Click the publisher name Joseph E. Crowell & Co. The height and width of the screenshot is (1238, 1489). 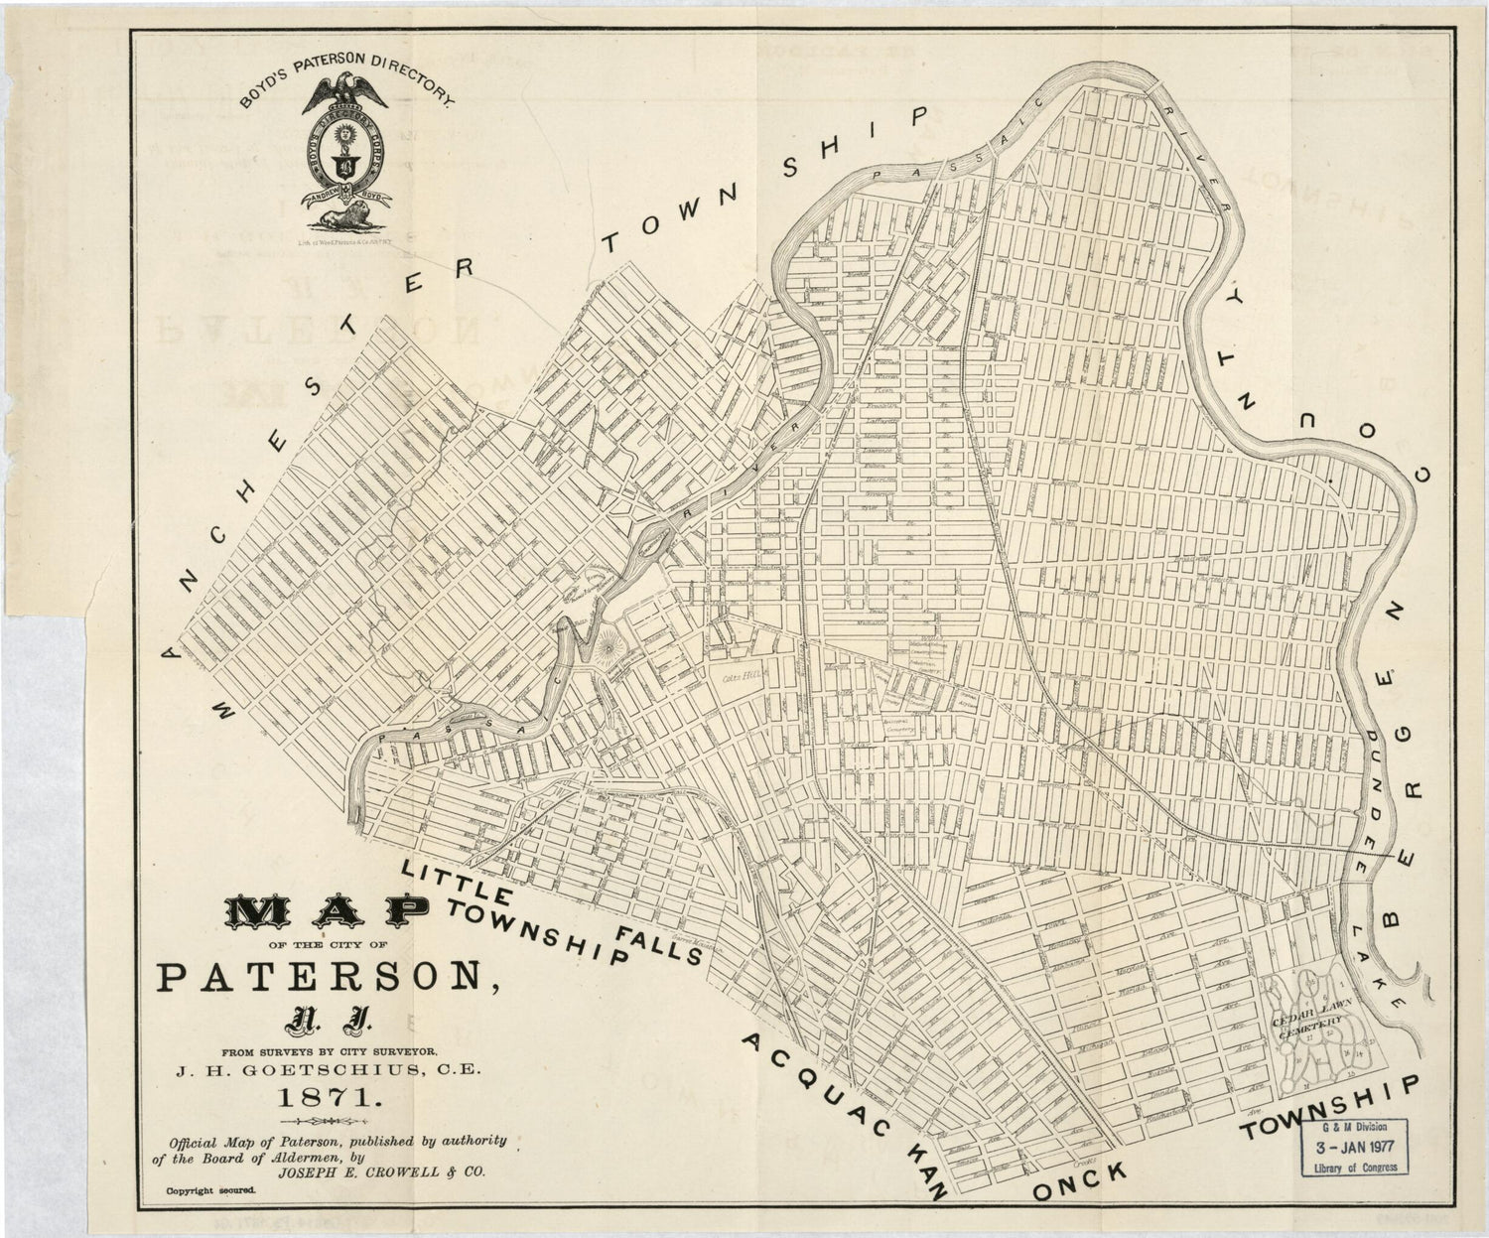tap(381, 1172)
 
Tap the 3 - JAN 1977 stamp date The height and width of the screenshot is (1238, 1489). tap(1355, 1146)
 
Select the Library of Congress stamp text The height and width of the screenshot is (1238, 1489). tap(1355, 1167)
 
